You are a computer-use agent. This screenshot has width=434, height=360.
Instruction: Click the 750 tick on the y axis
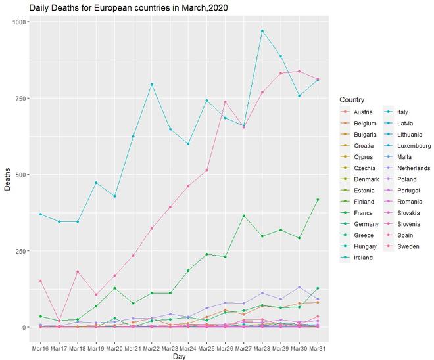(x=20, y=99)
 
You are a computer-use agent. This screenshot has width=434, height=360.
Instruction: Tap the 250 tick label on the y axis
(x=20, y=251)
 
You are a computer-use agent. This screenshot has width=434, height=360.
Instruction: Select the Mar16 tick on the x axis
(x=40, y=346)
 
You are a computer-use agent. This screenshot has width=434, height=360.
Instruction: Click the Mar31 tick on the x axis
(x=318, y=346)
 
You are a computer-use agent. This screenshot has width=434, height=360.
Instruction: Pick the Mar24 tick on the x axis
(x=188, y=346)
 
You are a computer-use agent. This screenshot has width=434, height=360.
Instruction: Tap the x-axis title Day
(x=179, y=355)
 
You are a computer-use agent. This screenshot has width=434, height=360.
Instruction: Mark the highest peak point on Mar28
(x=262, y=31)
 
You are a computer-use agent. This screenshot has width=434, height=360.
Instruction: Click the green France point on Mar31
(x=318, y=200)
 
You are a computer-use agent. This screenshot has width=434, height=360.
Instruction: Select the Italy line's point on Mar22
(x=151, y=84)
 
